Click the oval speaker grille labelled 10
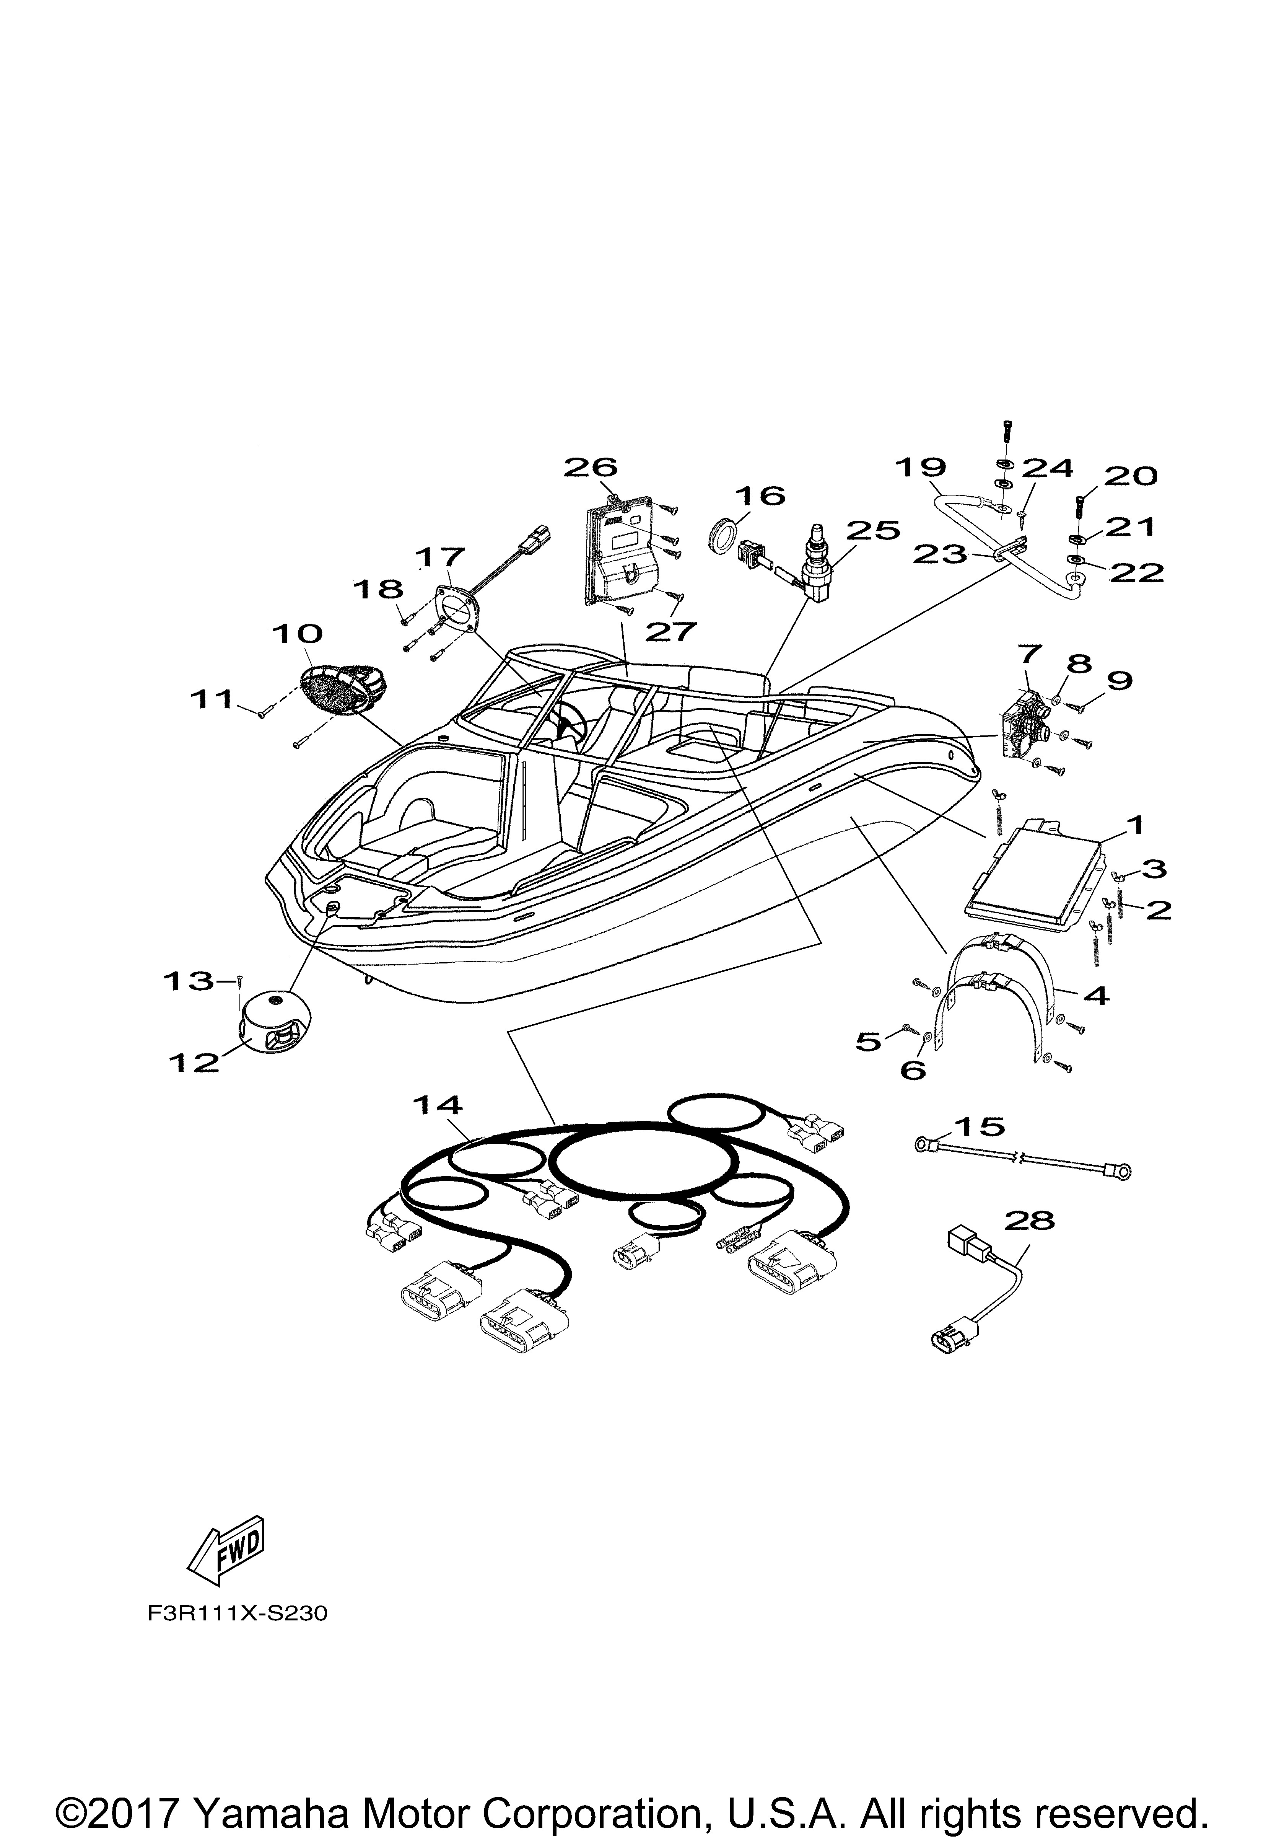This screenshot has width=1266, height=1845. [343, 683]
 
